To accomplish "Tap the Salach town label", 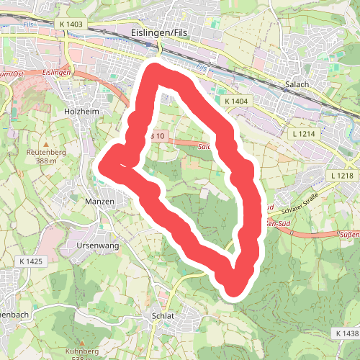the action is tap(297, 84).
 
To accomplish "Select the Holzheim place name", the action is tap(80, 112).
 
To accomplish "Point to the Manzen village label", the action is tap(99, 202).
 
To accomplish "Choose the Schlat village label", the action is tap(164, 315).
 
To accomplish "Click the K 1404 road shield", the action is tap(235, 102).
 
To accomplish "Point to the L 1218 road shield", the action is tap(343, 176).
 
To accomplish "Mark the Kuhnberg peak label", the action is tap(81, 351).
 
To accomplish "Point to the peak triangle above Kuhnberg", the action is tap(81, 342).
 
